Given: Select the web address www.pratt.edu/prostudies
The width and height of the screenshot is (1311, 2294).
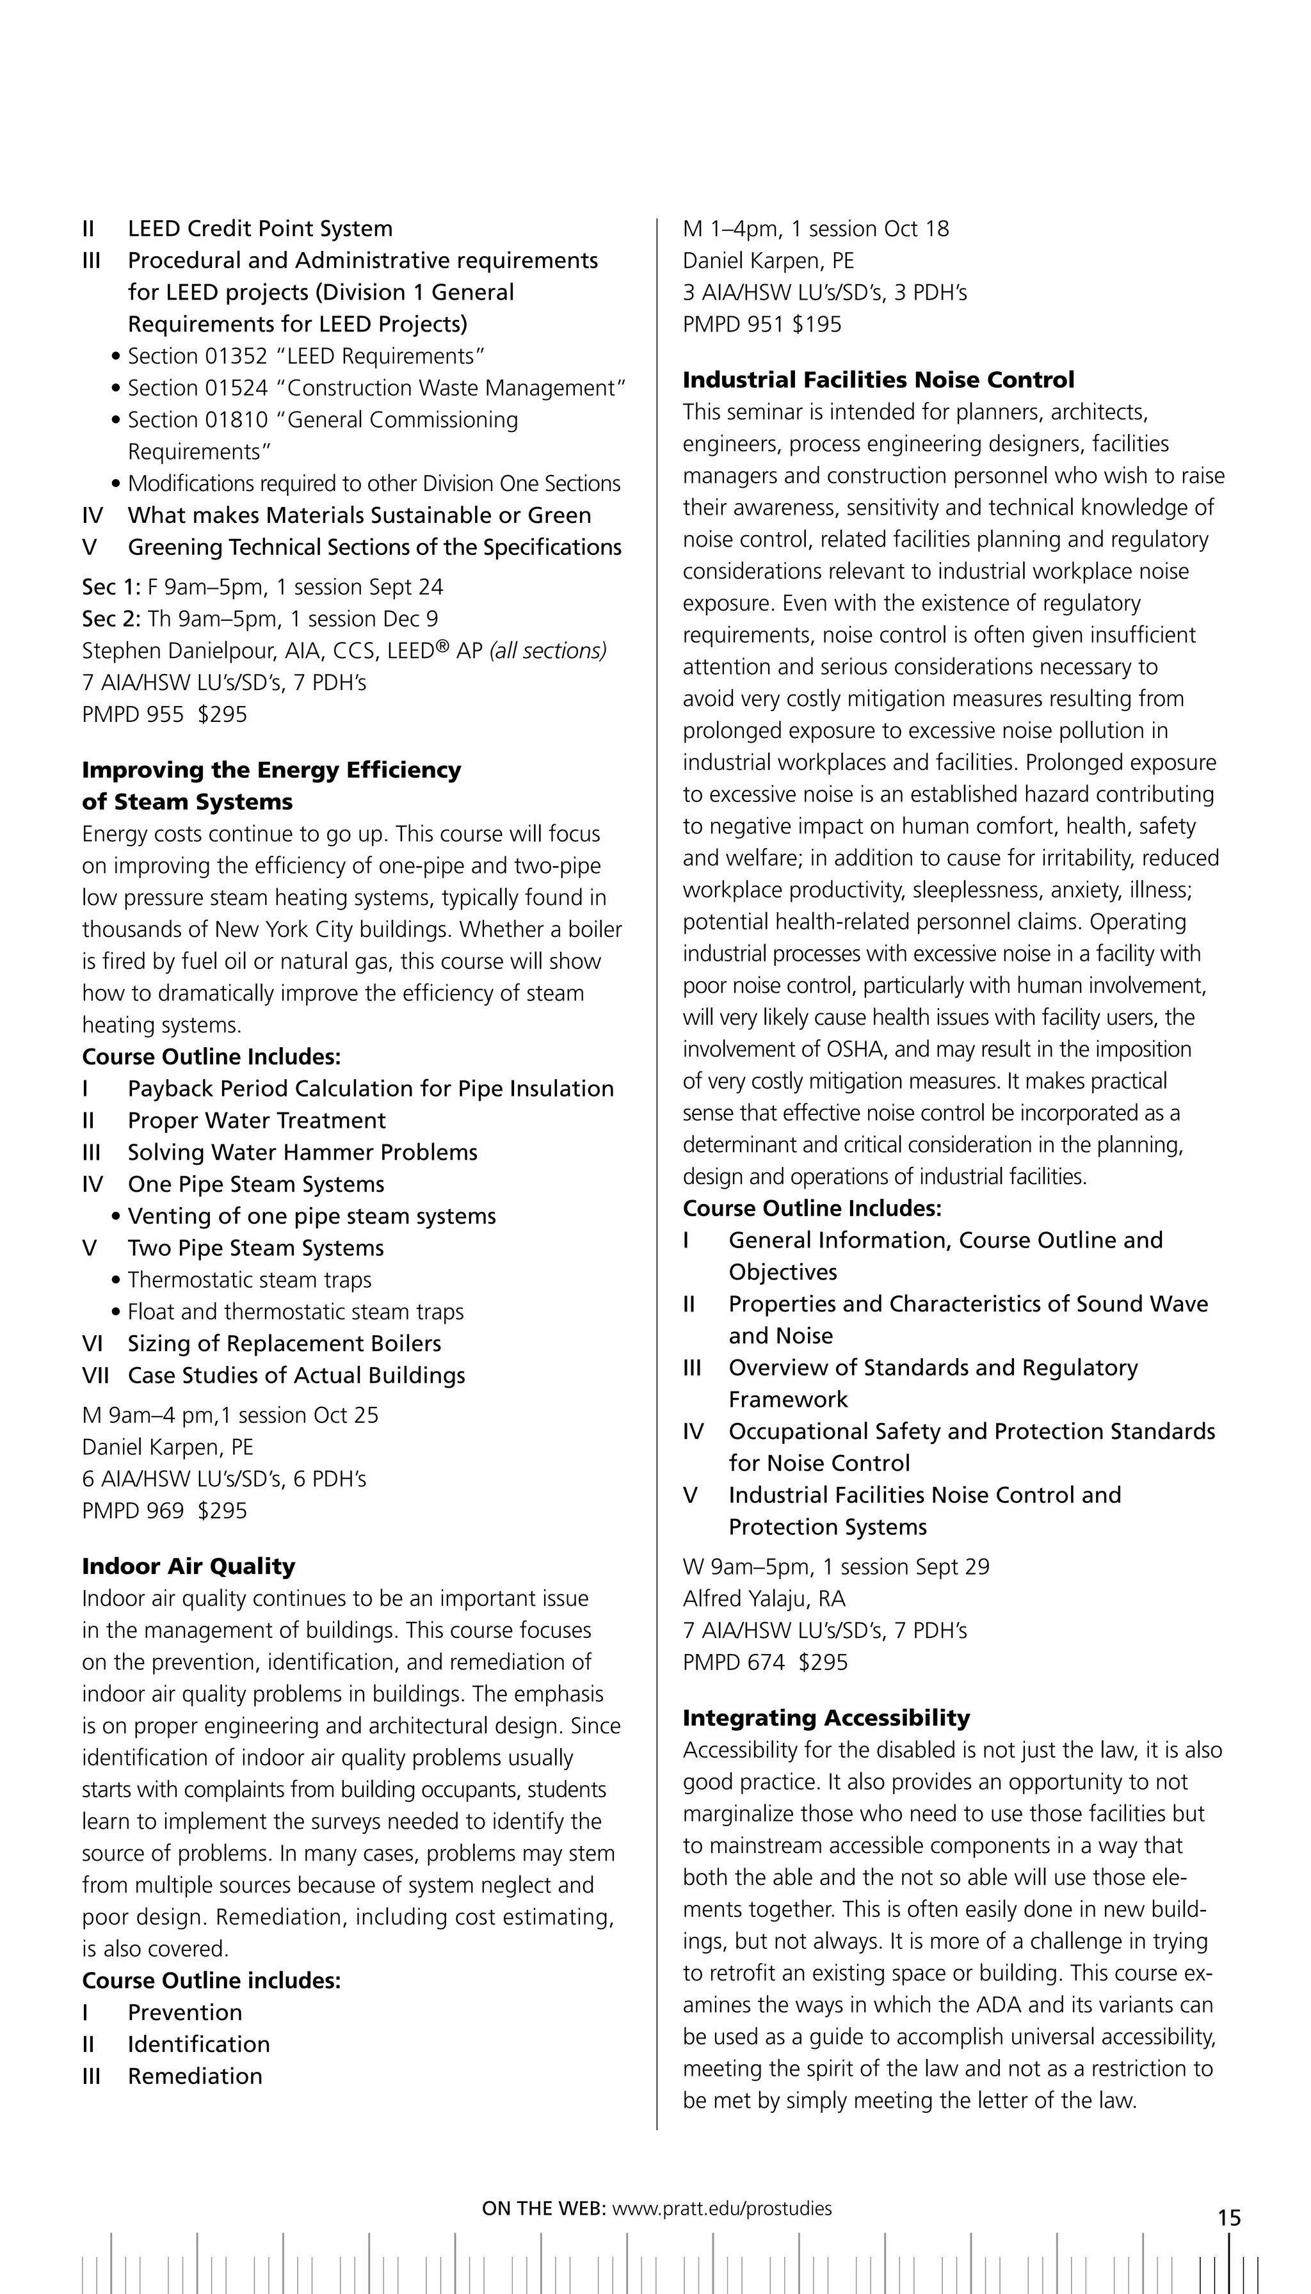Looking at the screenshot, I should click(x=721, y=2208).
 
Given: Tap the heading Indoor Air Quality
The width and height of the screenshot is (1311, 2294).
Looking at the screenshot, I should click(x=188, y=1566).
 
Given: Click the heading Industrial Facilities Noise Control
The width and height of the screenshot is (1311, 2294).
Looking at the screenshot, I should click(x=878, y=380).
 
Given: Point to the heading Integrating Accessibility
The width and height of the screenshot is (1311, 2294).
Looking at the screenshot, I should click(x=826, y=1718).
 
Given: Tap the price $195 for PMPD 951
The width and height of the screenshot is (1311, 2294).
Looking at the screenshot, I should click(x=817, y=324).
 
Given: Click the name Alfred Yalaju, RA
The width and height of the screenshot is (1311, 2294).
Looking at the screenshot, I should click(x=764, y=1599).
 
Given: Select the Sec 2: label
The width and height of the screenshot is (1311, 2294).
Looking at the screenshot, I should click(x=111, y=620).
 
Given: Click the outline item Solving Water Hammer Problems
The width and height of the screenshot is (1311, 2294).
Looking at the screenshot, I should click(x=303, y=1152).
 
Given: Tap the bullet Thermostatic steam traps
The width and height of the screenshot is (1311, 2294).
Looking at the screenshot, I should click(x=250, y=1280).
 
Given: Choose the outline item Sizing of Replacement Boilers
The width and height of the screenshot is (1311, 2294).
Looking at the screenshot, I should click(x=284, y=1344).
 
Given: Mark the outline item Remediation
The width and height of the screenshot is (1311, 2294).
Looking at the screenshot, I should click(x=195, y=2076).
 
